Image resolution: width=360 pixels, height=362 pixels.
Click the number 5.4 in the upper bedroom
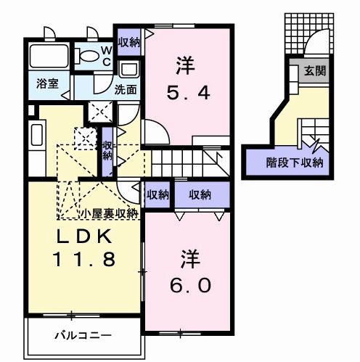tap(187, 94)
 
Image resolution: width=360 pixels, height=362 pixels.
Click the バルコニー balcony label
tap(83, 336)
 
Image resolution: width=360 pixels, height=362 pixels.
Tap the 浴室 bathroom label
tap(41, 83)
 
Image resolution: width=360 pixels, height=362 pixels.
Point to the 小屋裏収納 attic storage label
tap(109, 213)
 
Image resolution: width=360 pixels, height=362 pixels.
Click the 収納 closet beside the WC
tap(129, 42)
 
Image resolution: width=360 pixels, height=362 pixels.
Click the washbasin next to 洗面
tap(129, 70)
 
